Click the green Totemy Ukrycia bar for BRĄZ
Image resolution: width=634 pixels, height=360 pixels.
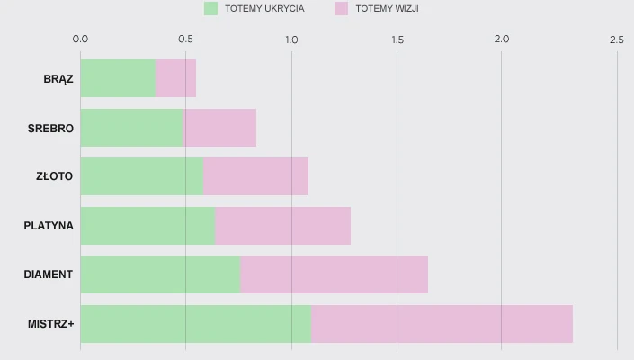[118, 78]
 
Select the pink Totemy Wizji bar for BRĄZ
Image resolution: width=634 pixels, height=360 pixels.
[175, 78]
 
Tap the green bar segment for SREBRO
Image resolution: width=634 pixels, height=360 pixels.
[132, 128]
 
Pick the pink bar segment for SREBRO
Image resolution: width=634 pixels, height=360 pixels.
[220, 128]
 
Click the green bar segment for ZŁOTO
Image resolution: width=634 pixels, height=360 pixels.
[142, 176]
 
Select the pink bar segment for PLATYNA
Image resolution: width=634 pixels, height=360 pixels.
[282, 225]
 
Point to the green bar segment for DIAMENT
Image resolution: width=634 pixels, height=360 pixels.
[160, 274]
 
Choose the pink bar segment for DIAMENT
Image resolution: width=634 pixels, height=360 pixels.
[334, 274]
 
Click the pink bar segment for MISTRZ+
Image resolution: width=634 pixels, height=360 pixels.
[442, 323]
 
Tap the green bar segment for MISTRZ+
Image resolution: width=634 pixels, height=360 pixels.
[195, 323]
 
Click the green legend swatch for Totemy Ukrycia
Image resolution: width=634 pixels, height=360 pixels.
[211, 9]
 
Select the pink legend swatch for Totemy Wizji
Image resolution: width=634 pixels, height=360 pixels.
[341, 9]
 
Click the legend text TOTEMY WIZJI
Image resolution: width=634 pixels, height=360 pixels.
[388, 9]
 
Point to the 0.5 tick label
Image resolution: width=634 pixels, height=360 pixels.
[186, 40]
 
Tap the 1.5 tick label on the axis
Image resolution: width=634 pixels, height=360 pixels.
[397, 40]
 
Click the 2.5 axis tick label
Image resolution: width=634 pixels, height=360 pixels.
[616, 40]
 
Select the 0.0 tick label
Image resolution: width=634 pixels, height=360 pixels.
[80, 40]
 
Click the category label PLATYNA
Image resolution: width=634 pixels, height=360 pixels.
[49, 225]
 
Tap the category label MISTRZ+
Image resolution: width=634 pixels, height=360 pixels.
[50, 323]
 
